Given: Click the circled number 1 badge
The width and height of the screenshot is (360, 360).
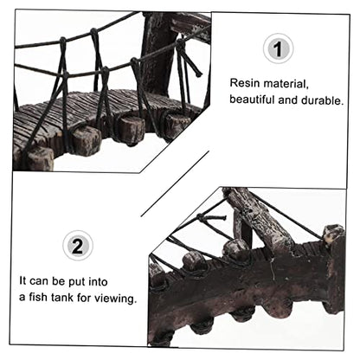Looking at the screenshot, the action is (278, 48).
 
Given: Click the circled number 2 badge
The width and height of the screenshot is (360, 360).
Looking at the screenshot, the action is (78, 246).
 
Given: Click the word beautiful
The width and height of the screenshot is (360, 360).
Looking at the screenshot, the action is (252, 100).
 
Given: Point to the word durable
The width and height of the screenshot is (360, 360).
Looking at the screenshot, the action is (323, 100).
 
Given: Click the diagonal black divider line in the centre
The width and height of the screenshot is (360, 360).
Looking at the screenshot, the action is (175, 183).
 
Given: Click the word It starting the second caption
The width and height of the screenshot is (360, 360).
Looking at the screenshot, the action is (22, 280).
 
